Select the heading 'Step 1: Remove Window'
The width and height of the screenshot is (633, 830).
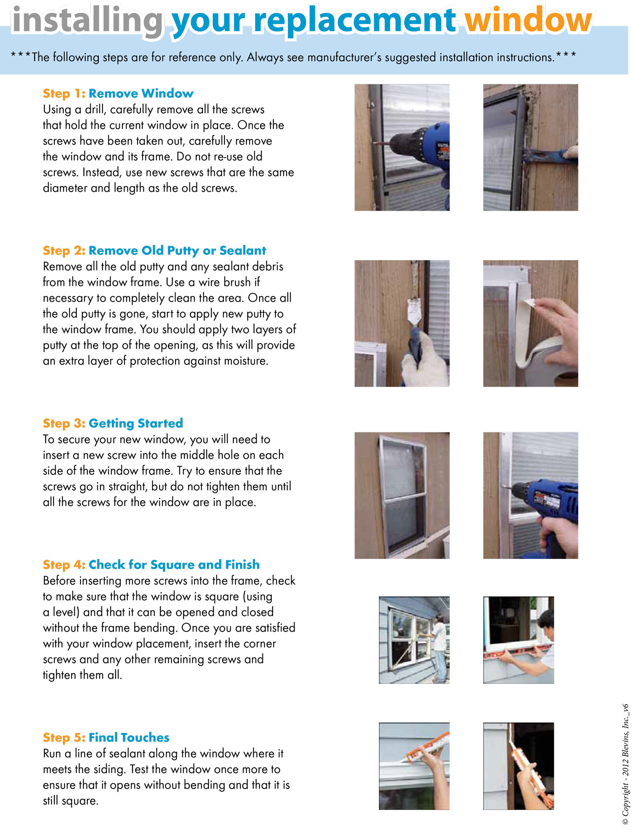coord(118,93)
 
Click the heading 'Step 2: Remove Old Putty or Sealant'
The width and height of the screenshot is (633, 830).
coord(154,250)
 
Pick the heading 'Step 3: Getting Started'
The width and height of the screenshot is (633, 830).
coord(113,423)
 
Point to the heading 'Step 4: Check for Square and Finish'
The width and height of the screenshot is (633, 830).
coord(151,564)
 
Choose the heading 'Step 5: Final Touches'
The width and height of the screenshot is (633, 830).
coord(106,737)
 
